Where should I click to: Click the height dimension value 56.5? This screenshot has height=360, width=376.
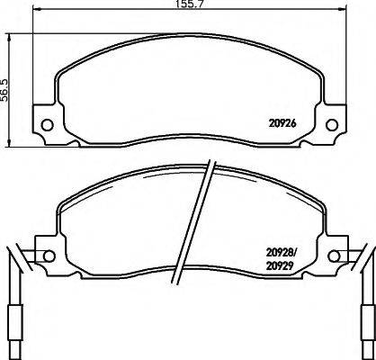pos(5,90)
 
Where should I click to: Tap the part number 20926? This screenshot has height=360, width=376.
pos(282,123)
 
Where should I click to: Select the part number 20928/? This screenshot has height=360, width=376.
pos(282,253)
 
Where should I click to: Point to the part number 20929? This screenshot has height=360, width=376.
pos(279,266)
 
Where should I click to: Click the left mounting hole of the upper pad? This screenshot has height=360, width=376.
pos(47,124)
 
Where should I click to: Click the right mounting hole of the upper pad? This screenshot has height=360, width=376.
pos(332,125)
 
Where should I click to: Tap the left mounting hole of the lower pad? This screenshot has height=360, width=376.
pos(49,256)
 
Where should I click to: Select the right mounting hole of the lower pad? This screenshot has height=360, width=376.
pos(334,256)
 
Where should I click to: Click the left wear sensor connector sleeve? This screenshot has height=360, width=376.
pos(15,322)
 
